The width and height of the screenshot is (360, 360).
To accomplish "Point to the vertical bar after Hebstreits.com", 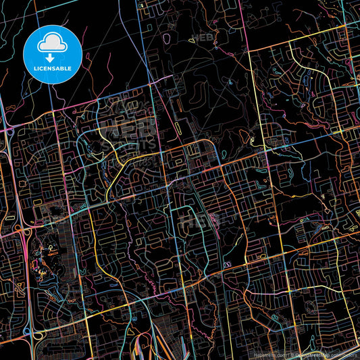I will (287, 353).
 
